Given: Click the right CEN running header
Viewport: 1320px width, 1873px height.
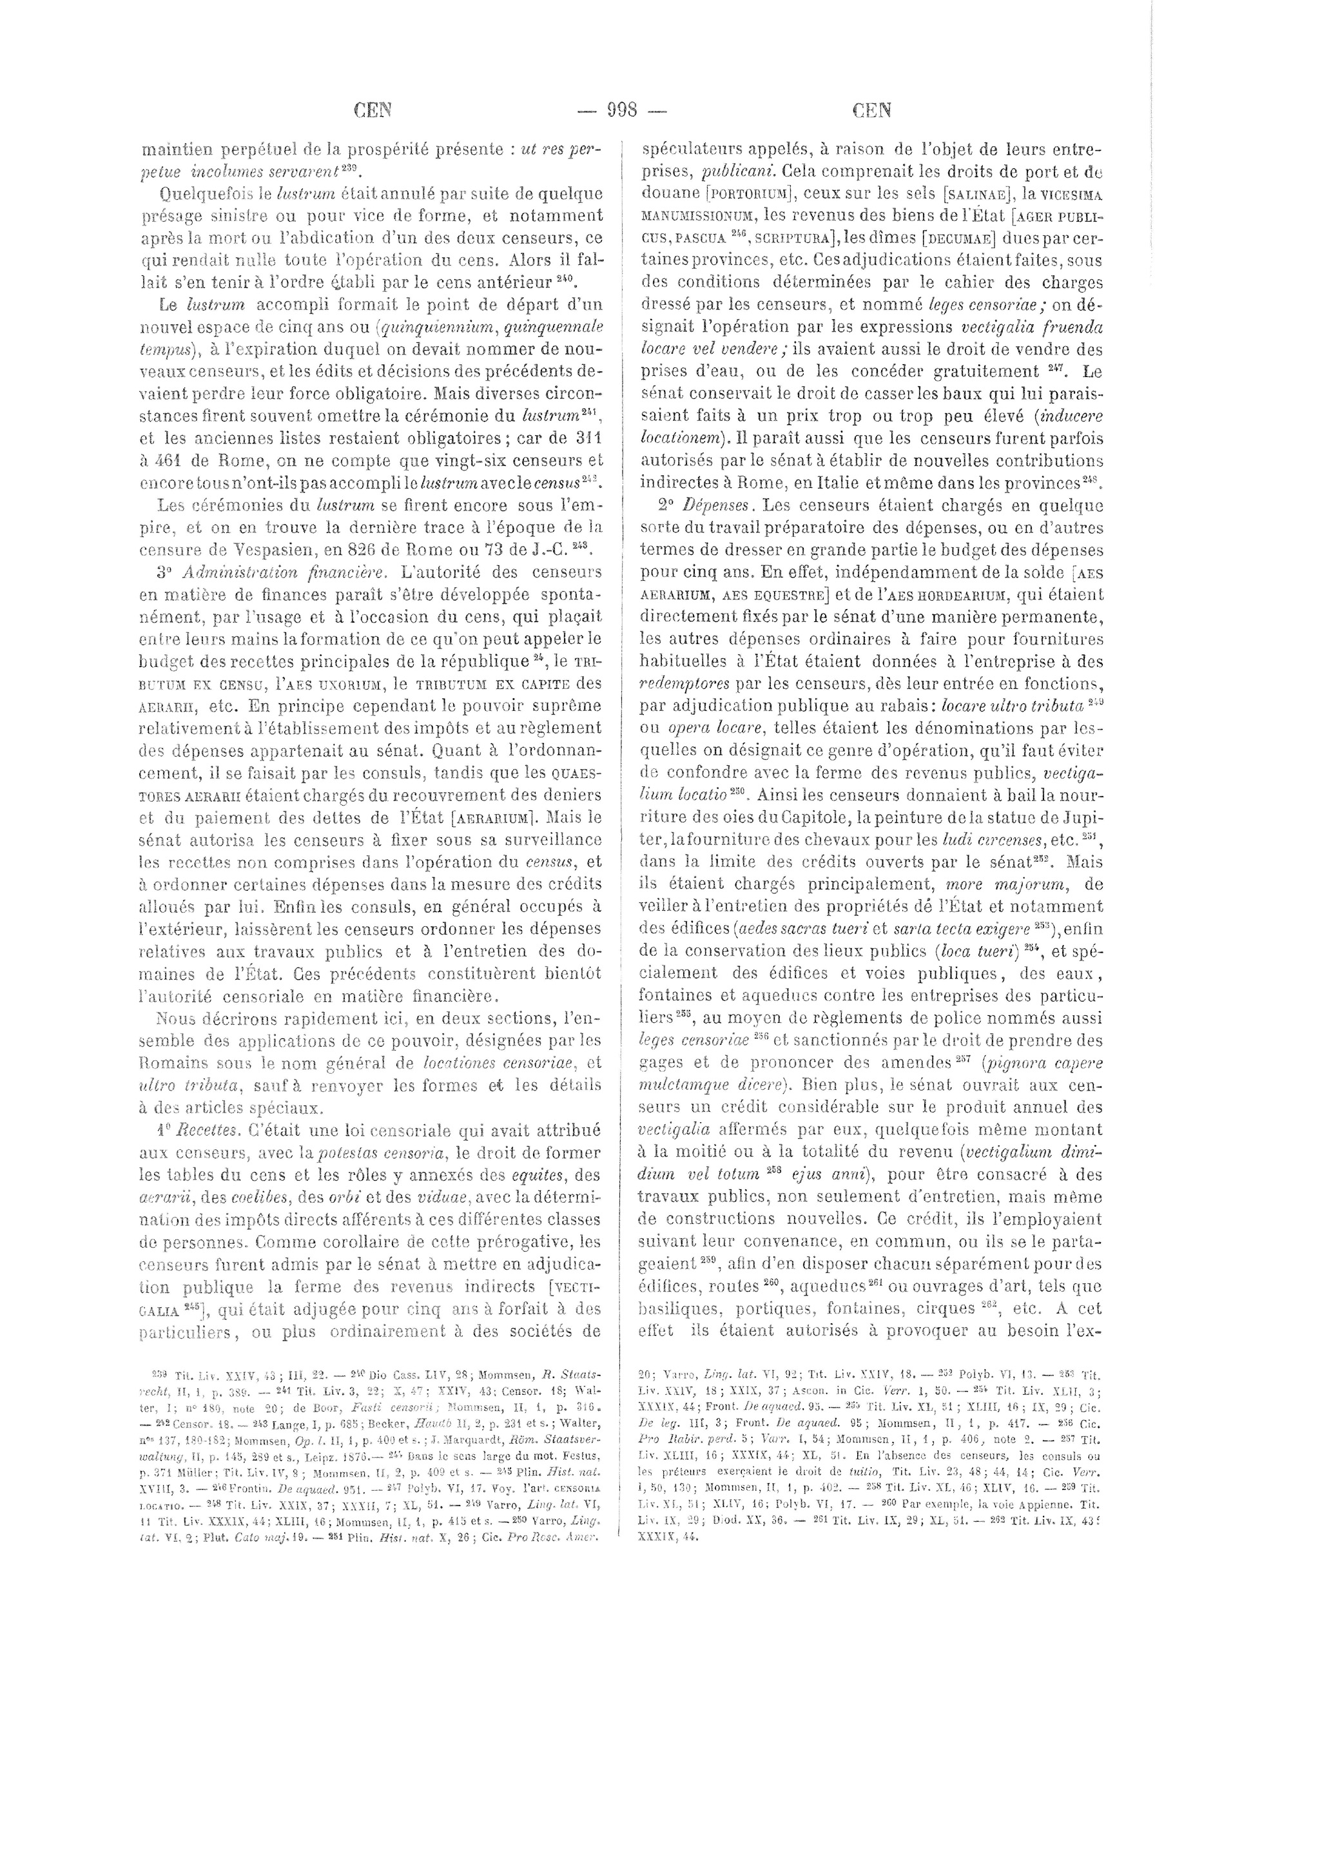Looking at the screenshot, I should pyautogui.click(x=871, y=110).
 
